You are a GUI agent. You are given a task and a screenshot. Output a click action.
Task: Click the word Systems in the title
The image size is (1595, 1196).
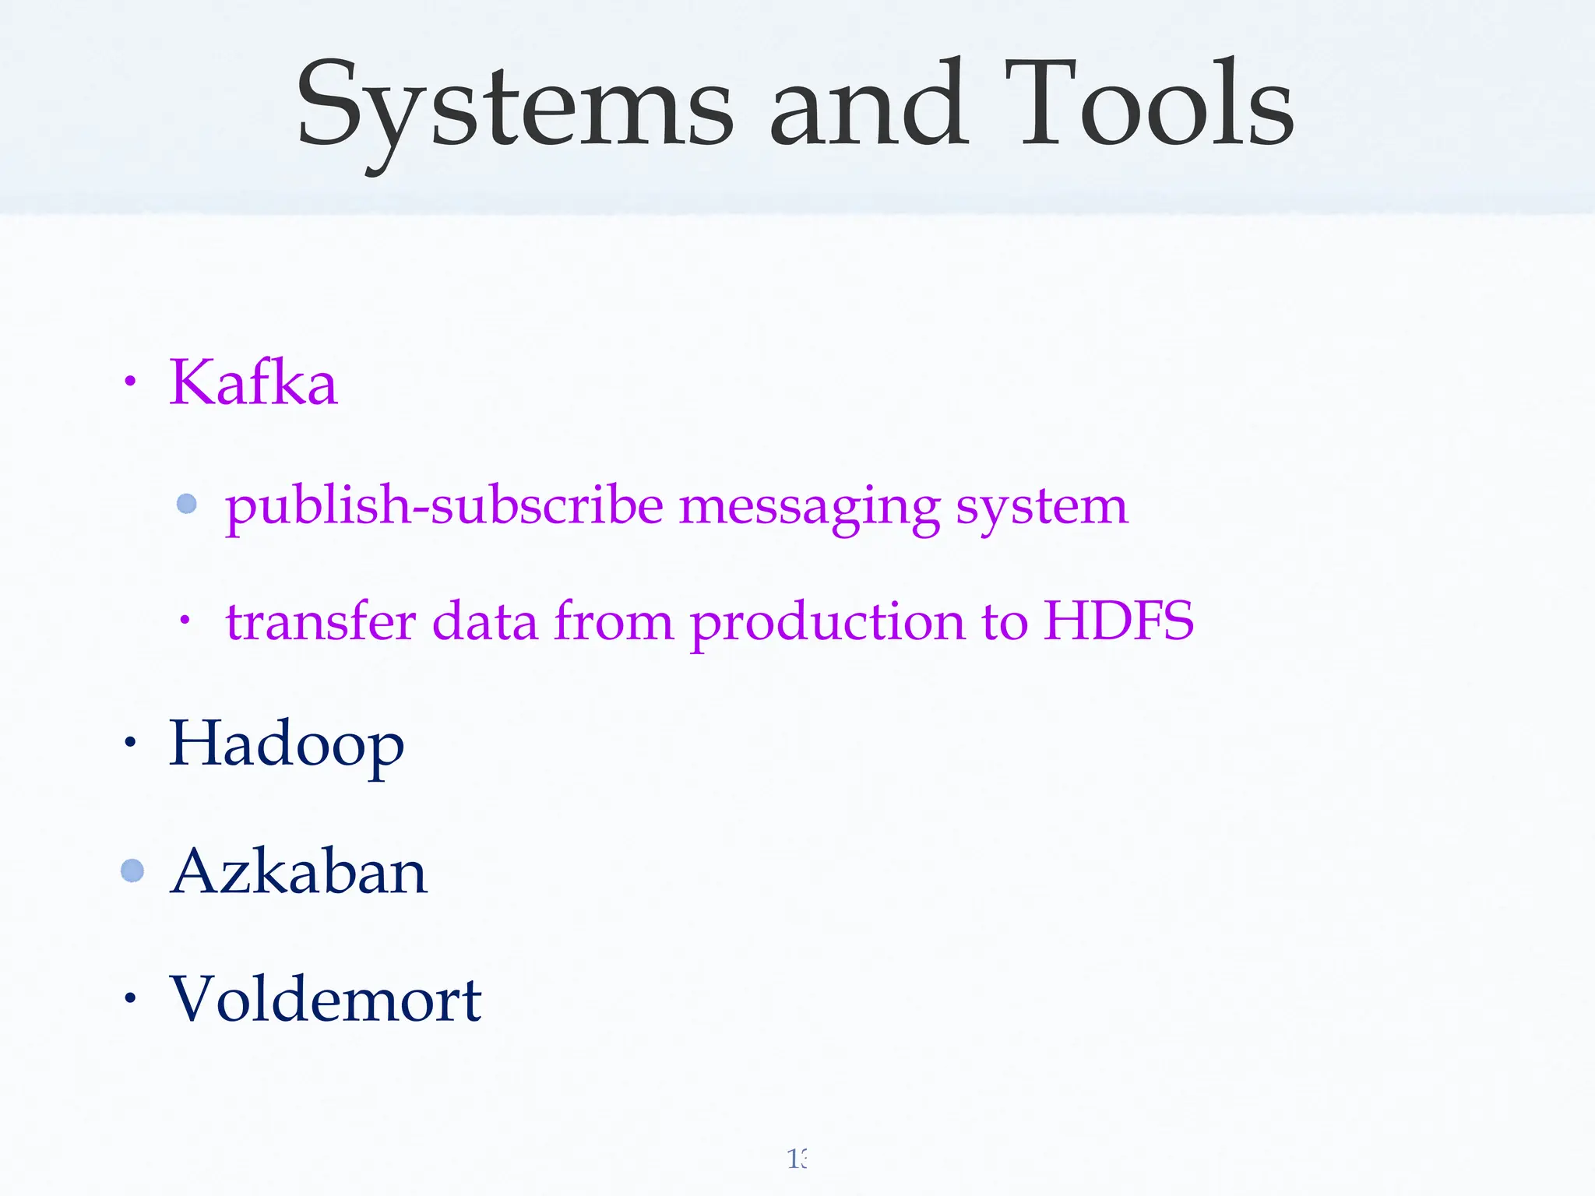coord(514,105)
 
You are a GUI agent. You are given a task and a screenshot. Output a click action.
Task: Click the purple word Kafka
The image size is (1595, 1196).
coord(253,382)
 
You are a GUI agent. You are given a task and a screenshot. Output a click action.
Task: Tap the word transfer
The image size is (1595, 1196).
coord(321,621)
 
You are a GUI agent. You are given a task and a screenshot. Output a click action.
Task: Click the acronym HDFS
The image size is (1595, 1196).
coord(1118,621)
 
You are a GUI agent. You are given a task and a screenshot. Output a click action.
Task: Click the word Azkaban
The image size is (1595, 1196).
coord(298,871)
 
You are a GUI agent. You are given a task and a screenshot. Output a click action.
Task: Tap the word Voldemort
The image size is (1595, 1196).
coord(326,999)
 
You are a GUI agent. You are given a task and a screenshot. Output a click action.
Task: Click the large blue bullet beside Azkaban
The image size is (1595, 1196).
coord(132,870)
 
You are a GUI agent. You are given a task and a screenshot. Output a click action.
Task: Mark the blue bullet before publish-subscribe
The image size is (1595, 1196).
coord(187,504)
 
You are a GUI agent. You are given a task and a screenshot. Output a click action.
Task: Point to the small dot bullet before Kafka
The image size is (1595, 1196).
coord(130,382)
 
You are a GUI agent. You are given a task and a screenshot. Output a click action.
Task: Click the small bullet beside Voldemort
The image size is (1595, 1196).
coord(130,997)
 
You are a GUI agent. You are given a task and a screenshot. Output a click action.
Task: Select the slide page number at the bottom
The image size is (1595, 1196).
coord(797,1159)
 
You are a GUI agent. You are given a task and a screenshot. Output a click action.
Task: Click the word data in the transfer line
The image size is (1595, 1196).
coord(484,621)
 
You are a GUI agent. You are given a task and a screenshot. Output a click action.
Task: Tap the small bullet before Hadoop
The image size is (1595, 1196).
coord(130,742)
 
